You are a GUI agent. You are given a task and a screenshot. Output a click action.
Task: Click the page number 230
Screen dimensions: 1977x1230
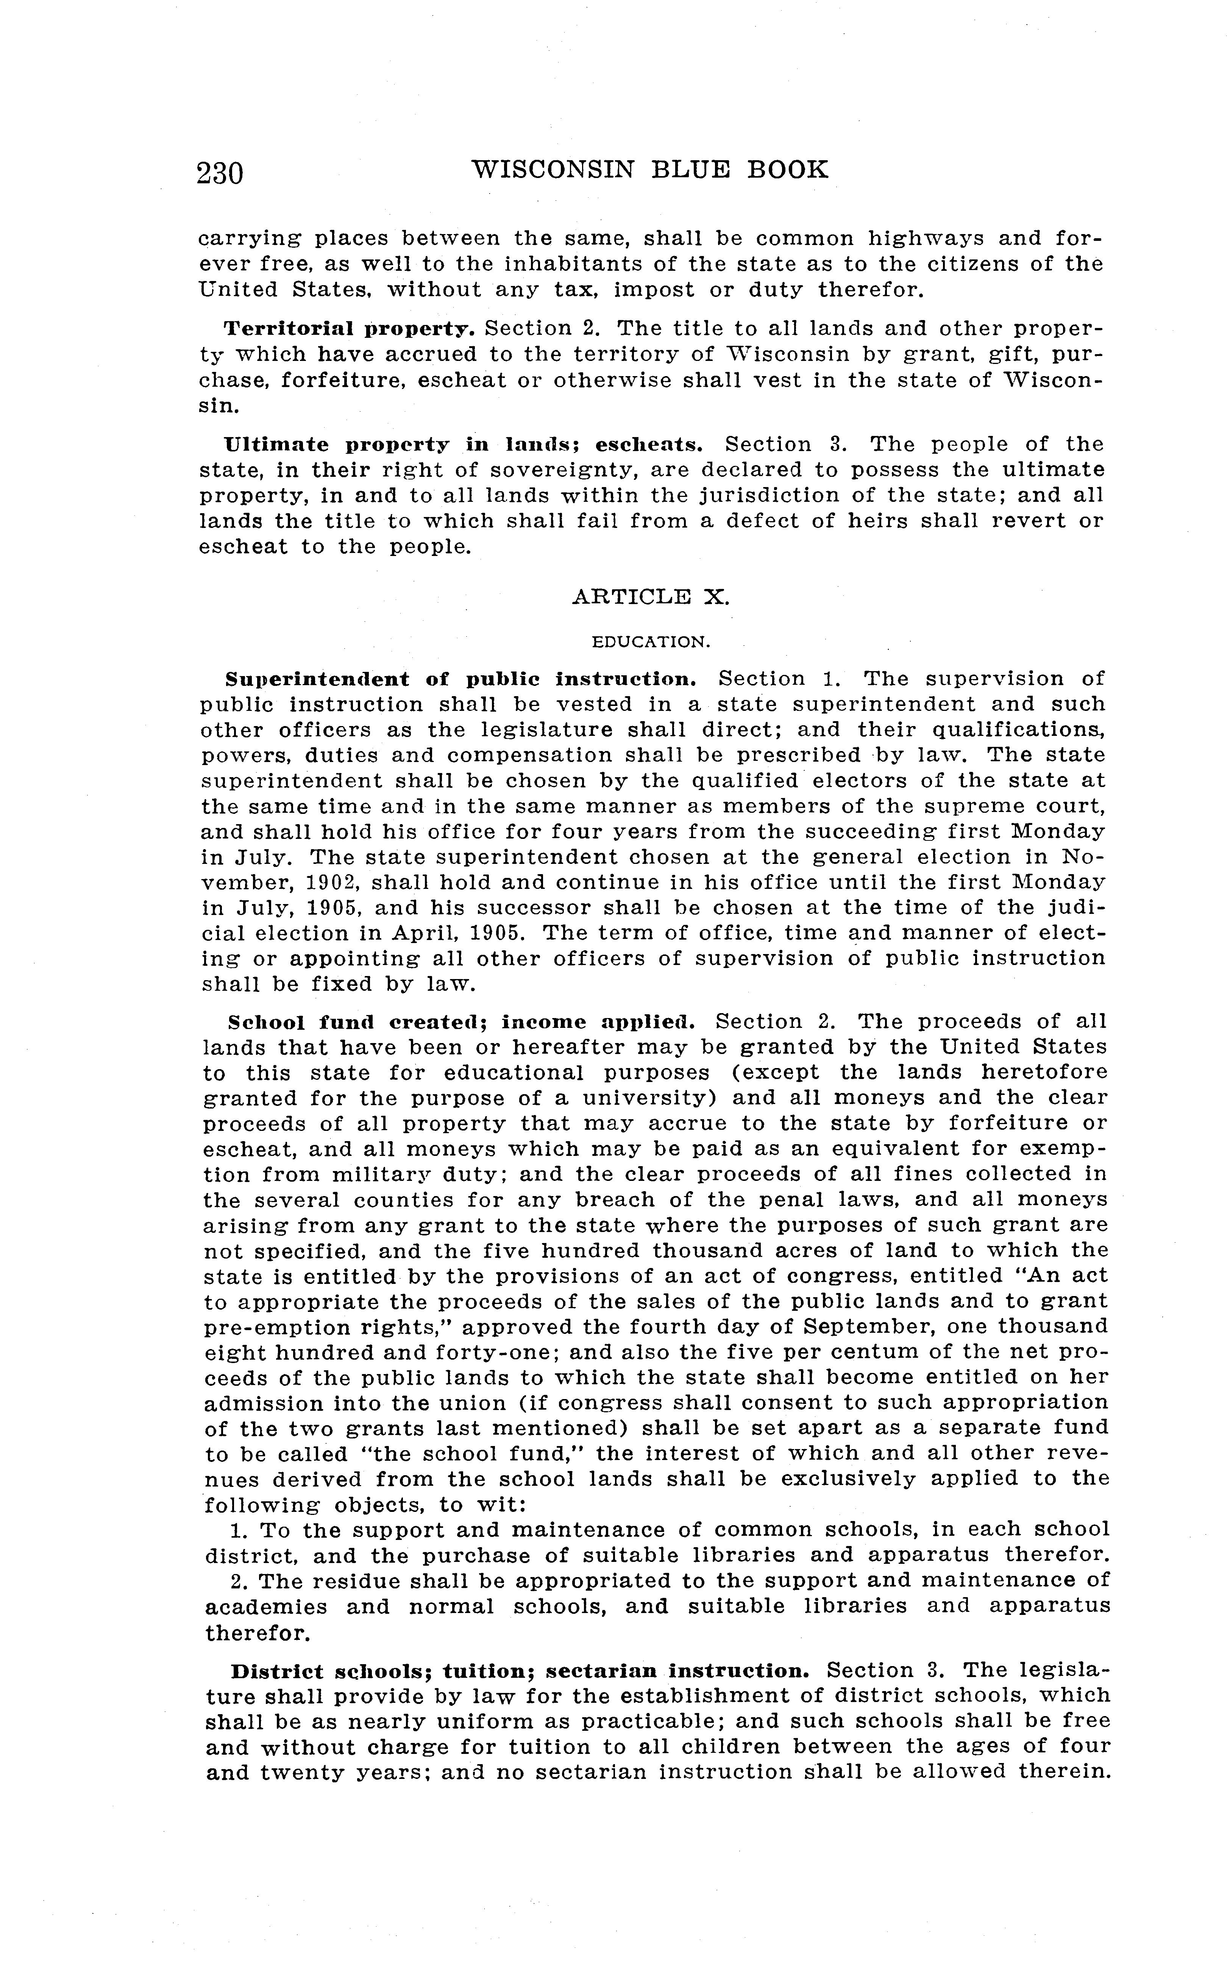tap(220, 172)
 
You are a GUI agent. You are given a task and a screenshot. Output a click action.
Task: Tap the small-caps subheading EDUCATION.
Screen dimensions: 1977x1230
tap(651, 642)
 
